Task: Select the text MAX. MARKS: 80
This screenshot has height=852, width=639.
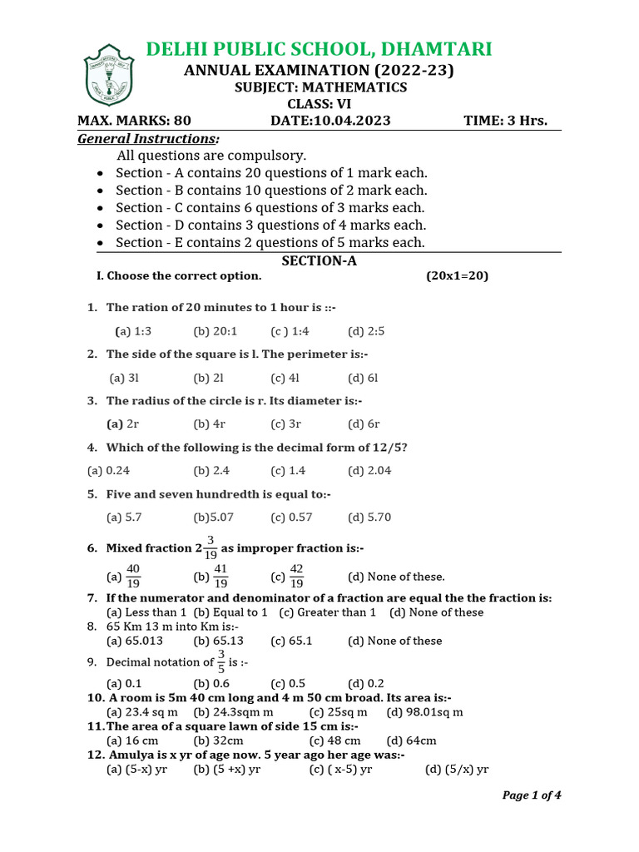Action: [134, 121]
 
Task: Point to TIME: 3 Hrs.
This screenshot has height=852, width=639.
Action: [505, 121]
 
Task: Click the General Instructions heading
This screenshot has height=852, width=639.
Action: [148, 138]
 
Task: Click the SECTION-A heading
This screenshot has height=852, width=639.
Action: [319, 260]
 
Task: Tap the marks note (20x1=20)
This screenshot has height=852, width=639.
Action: [457, 275]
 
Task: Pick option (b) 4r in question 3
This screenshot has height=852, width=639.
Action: [208, 424]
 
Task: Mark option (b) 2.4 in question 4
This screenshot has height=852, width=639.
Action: [211, 471]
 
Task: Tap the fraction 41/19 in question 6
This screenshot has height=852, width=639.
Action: [220, 576]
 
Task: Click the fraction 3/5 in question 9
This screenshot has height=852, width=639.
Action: [221, 662]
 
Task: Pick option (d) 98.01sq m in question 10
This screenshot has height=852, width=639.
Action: [424, 712]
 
